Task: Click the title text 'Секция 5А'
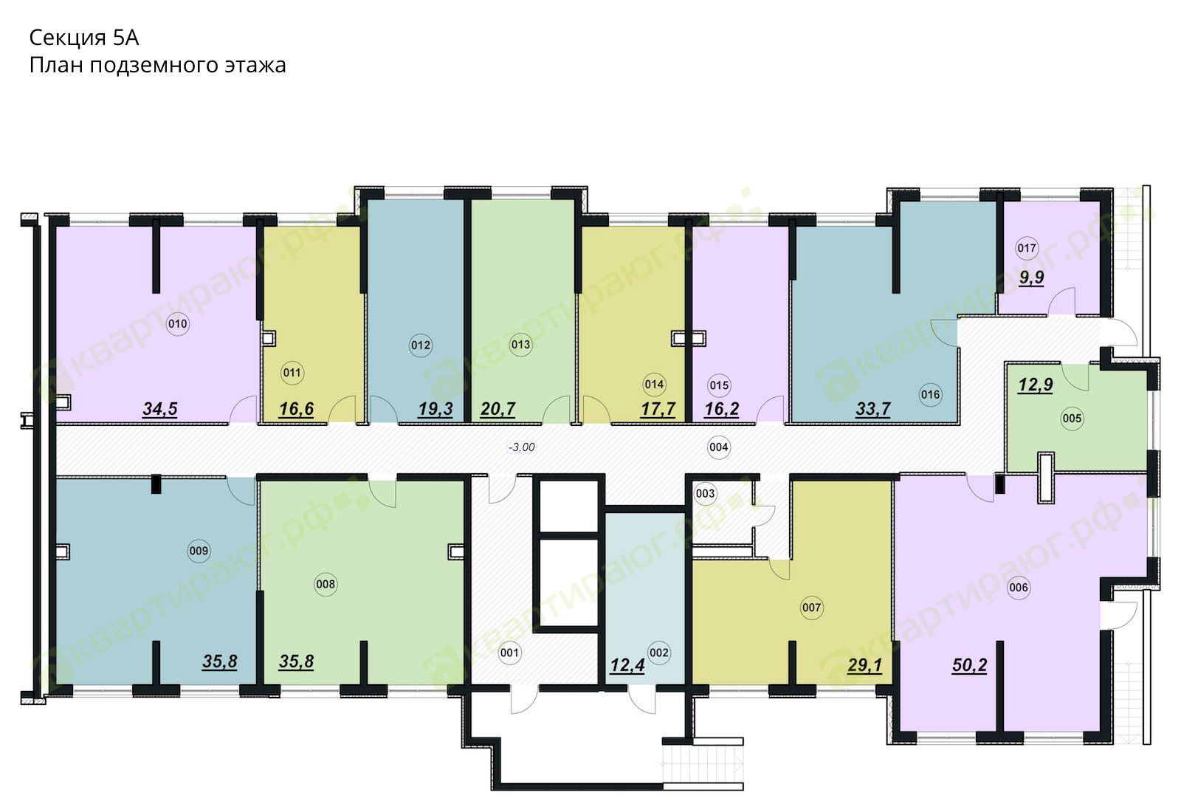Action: coord(84,38)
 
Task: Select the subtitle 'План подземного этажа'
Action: coord(158,66)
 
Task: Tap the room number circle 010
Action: coord(177,324)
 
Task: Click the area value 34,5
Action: coord(159,409)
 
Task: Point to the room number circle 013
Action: coord(520,345)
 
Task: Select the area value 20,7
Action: coord(497,409)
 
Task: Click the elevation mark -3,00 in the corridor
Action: coord(521,447)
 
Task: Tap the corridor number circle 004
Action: coord(719,447)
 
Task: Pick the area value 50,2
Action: coord(970,665)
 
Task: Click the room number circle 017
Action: coord(1027,248)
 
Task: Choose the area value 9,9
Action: coord(1031,277)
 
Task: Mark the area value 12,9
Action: coord(1036,385)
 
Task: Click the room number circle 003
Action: coord(705,494)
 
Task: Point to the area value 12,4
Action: coord(627,665)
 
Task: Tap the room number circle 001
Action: coord(509,653)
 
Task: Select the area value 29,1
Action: coord(864,665)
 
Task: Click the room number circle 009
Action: coord(199,551)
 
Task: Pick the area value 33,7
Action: coord(873,409)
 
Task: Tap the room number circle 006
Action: coord(1018,588)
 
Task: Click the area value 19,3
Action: coord(435,409)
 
